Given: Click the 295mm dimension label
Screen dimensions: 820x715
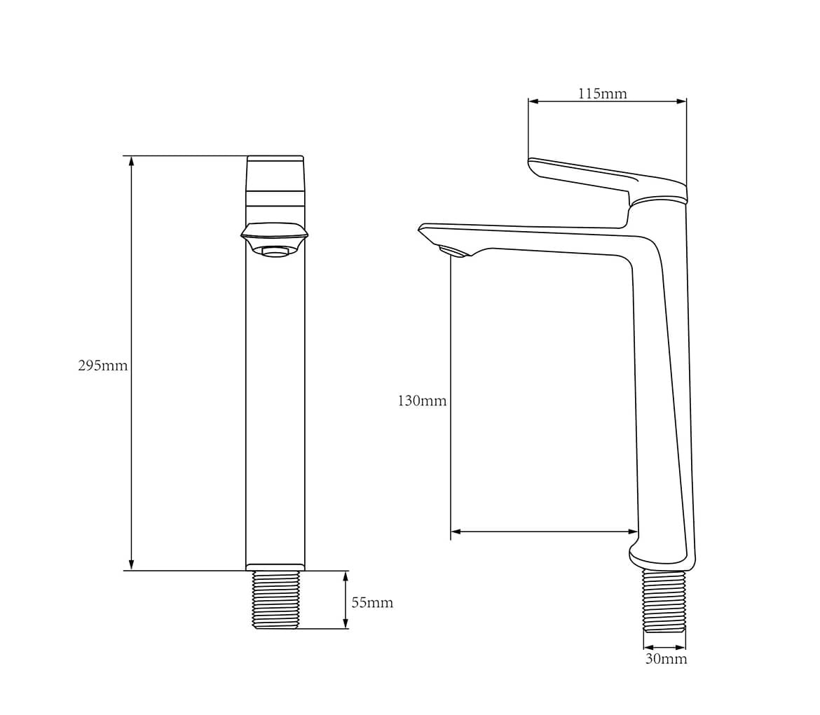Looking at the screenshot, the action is (x=102, y=366).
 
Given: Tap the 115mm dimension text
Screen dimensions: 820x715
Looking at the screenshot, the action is (x=602, y=94).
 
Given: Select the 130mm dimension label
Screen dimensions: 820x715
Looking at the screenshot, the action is (x=422, y=401).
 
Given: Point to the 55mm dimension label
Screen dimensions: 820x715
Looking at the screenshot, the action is (x=372, y=603).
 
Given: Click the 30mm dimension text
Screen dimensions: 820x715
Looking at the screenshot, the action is (x=666, y=658).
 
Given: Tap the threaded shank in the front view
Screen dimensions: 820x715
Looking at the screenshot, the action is (x=275, y=599).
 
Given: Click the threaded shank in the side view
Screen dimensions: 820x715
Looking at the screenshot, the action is (x=664, y=601).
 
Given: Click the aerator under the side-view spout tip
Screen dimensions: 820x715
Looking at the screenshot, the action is (x=454, y=251).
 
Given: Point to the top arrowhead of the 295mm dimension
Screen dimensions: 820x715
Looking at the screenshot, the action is (x=131, y=160).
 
